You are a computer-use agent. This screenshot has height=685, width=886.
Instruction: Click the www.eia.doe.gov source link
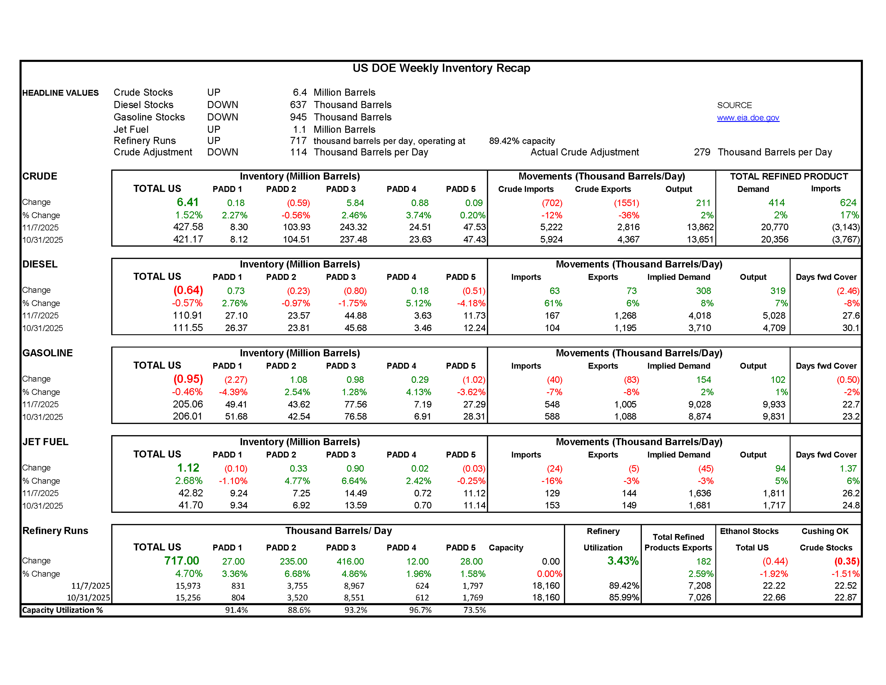coord(748,118)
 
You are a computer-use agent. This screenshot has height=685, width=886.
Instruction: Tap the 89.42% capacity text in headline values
coord(522,141)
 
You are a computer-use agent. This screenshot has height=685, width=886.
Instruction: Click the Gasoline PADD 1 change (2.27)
coord(236,380)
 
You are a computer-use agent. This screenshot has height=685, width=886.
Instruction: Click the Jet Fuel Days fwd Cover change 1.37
coord(848,469)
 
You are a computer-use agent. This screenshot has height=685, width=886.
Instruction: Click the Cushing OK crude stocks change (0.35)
coord(846,561)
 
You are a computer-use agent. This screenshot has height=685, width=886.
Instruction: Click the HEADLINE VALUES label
coord(60,93)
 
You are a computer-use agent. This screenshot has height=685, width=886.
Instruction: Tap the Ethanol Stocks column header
coord(749,531)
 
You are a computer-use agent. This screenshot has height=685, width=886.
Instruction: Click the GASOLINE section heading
coord(48,353)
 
